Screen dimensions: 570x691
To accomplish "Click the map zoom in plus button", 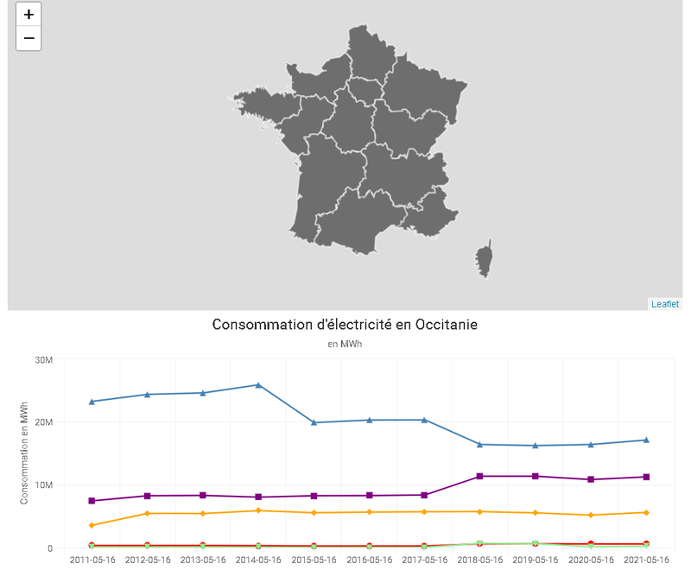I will [x=29, y=15].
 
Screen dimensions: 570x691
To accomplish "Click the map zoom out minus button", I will [x=29, y=38].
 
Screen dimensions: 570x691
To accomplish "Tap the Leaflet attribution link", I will [x=664, y=304].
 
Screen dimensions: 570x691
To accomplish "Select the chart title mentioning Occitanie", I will [x=345, y=325].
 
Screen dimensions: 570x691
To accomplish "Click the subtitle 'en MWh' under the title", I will [x=345, y=344].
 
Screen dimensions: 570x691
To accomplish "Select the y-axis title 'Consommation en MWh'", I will [x=25, y=453].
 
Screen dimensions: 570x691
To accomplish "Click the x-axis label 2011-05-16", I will [x=92, y=560].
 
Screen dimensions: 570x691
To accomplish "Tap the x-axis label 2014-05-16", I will [x=258, y=560].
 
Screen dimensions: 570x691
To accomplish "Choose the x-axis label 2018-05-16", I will [x=480, y=560].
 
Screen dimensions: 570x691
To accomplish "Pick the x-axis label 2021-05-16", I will [x=646, y=560].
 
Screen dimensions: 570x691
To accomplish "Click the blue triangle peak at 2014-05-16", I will [x=258, y=384].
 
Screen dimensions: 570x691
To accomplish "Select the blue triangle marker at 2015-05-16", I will [x=314, y=422].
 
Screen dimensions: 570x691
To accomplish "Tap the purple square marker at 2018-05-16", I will [x=480, y=476].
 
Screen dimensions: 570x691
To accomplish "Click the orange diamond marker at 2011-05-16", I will [x=92, y=525].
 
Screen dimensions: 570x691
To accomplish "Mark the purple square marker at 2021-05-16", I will [x=646, y=477].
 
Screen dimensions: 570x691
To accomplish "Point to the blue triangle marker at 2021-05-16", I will [x=646, y=440].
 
